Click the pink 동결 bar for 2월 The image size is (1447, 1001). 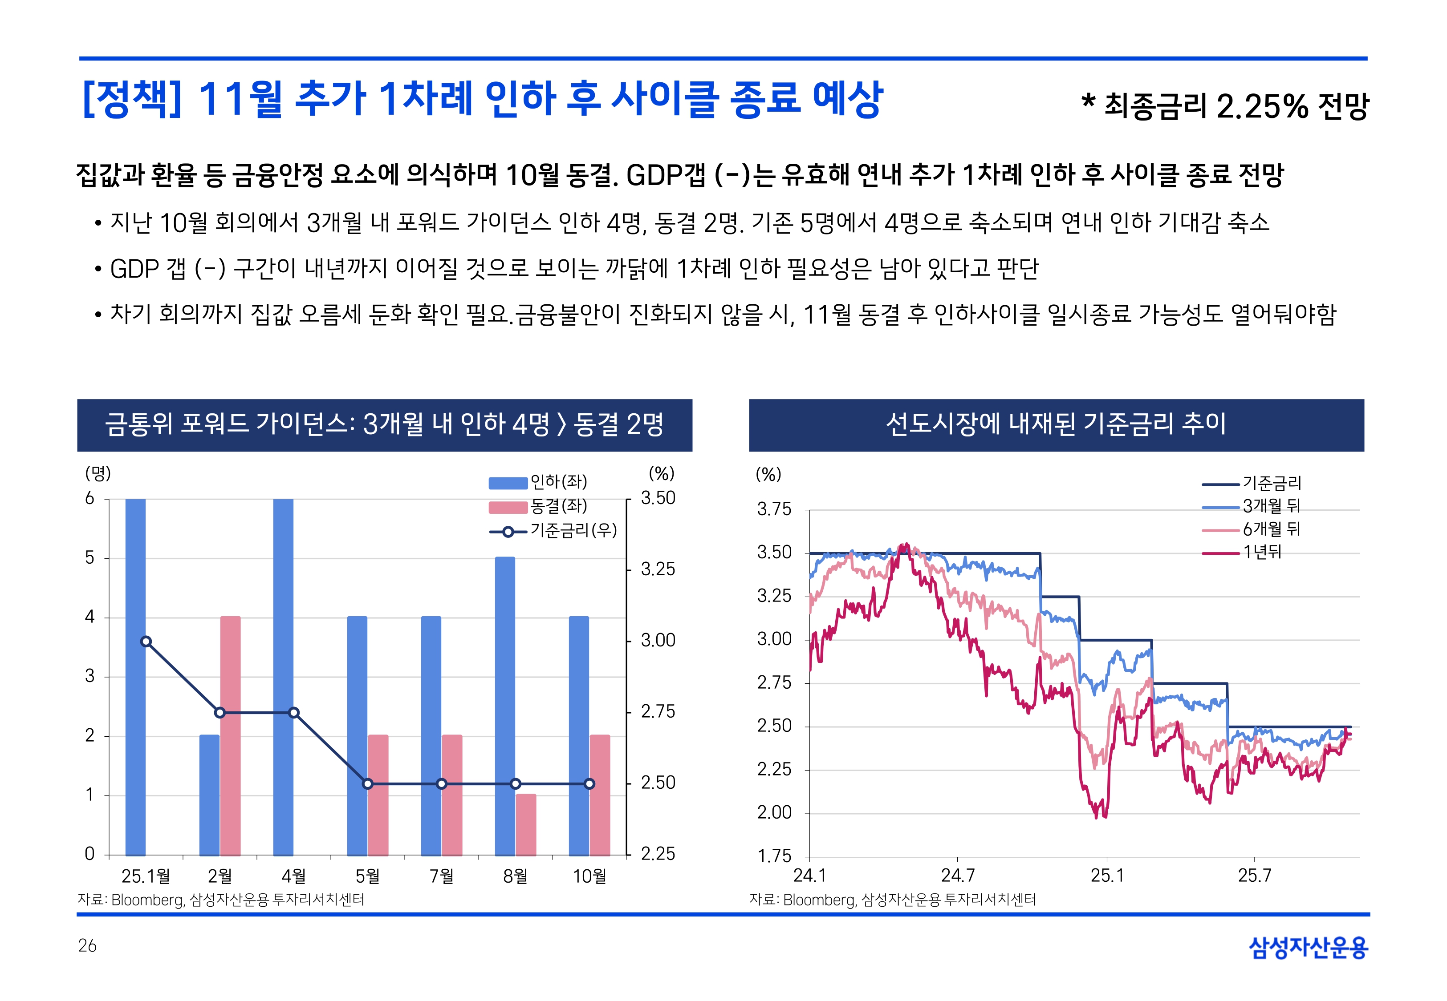click(230, 736)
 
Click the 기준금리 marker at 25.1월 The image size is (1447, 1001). click(146, 641)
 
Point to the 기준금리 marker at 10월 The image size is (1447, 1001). click(589, 783)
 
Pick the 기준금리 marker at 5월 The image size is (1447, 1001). click(368, 783)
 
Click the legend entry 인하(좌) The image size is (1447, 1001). click(558, 482)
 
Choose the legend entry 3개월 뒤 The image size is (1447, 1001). click(1271, 505)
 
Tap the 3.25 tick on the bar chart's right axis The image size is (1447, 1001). click(658, 569)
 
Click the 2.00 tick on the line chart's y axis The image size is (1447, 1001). click(774, 813)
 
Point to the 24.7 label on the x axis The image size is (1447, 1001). click(958, 876)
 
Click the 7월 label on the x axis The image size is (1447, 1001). click(441, 876)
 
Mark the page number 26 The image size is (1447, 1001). click(87, 945)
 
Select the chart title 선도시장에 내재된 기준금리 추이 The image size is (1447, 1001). click(1056, 424)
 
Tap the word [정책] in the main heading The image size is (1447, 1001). click(132, 99)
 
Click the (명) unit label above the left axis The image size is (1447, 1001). click(98, 473)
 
